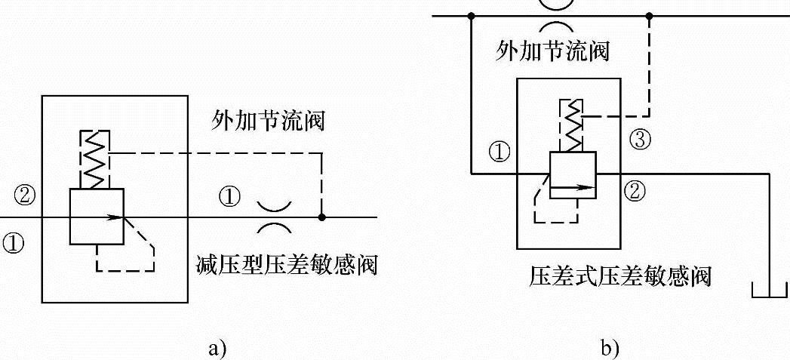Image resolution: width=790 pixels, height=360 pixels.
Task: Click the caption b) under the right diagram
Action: point(609,348)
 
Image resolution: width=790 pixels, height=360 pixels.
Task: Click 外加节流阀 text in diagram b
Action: point(552,51)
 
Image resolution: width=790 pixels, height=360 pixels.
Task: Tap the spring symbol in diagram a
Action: point(96,159)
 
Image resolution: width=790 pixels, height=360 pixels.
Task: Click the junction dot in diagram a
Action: point(322,217)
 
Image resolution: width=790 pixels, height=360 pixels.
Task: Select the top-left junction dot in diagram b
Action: point(470,14)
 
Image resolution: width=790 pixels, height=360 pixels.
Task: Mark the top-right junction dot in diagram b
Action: point(649,14)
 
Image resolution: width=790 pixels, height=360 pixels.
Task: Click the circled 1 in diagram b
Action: point(499,152)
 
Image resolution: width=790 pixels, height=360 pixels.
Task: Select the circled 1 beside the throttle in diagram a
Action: point(230,198)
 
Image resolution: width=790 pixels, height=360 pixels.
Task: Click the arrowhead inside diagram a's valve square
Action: point(115,217)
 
